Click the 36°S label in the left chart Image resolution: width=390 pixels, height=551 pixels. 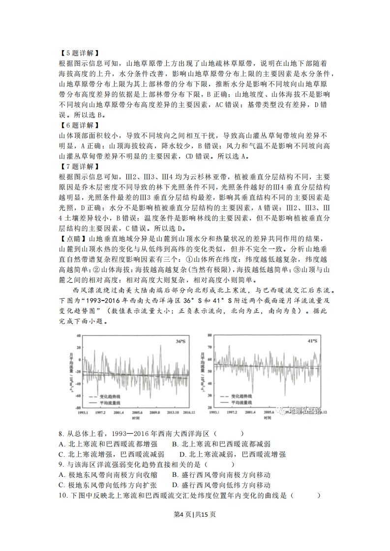pos(180,340)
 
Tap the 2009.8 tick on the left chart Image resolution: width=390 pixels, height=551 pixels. pos(155,413)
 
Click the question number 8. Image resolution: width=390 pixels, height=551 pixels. pos(60,434)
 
